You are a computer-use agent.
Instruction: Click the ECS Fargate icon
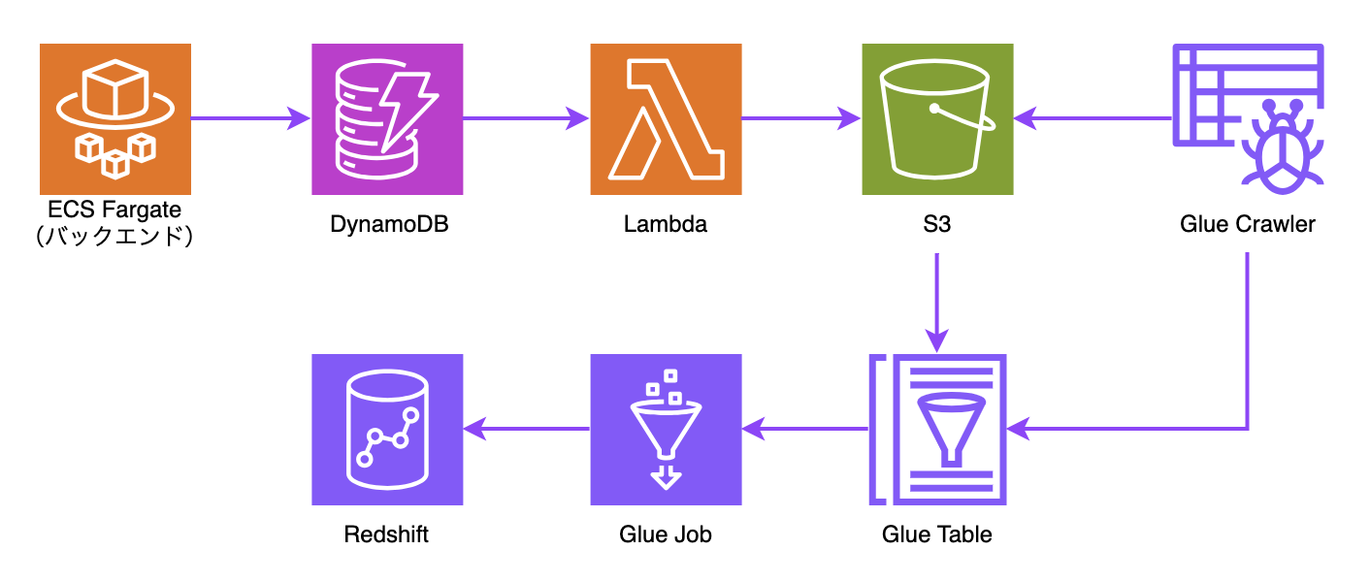coord(115,119)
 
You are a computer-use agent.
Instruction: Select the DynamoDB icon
coord(387,119)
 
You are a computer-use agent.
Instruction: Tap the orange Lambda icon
coord(666,119)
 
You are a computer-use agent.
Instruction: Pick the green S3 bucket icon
coord(937,119)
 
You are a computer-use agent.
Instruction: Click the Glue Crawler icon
coord(1249,119)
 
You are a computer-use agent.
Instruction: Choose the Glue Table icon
coord(937,429)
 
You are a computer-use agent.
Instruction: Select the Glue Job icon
coord(666,429)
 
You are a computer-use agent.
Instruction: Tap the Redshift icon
coord(387,429)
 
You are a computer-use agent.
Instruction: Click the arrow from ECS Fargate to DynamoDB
coord(251,118)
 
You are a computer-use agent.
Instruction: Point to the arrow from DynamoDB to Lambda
coord(527,118)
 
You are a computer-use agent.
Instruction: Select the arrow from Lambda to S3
coord(801,118)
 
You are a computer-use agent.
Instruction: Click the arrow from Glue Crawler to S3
coord(1093,118)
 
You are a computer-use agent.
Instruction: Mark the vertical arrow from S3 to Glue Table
coord(937,304)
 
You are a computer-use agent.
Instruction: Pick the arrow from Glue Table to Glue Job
coord(805,429)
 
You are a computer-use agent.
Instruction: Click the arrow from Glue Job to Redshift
coord(527,429)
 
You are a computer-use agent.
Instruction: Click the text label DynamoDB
coord(389,224)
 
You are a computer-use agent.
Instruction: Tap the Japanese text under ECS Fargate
coord(114,236)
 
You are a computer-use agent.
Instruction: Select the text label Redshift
coord(386,534)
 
